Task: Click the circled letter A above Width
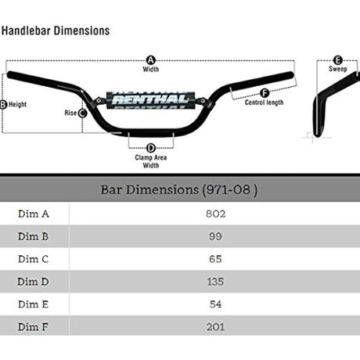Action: pyautogui.click(x=150, y=60)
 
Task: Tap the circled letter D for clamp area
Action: pyautogui.click(x=151, y=148)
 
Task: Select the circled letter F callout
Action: pyautogui.click(x=265, y=93)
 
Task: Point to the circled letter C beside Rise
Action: pyautogui.click(x=83, y=113)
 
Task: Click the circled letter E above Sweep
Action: pyautogui.click(x=337, y=60)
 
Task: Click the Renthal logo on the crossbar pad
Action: pyautogui.click(x=150, y=100)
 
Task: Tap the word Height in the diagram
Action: pyautogui.click(x=17, y=105)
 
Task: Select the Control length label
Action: pyautogui.click(x=264, y=103)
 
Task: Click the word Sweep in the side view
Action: pyautogui.click(x=337, y=69)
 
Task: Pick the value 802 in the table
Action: pyautogui.click(x=215, y=214)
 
